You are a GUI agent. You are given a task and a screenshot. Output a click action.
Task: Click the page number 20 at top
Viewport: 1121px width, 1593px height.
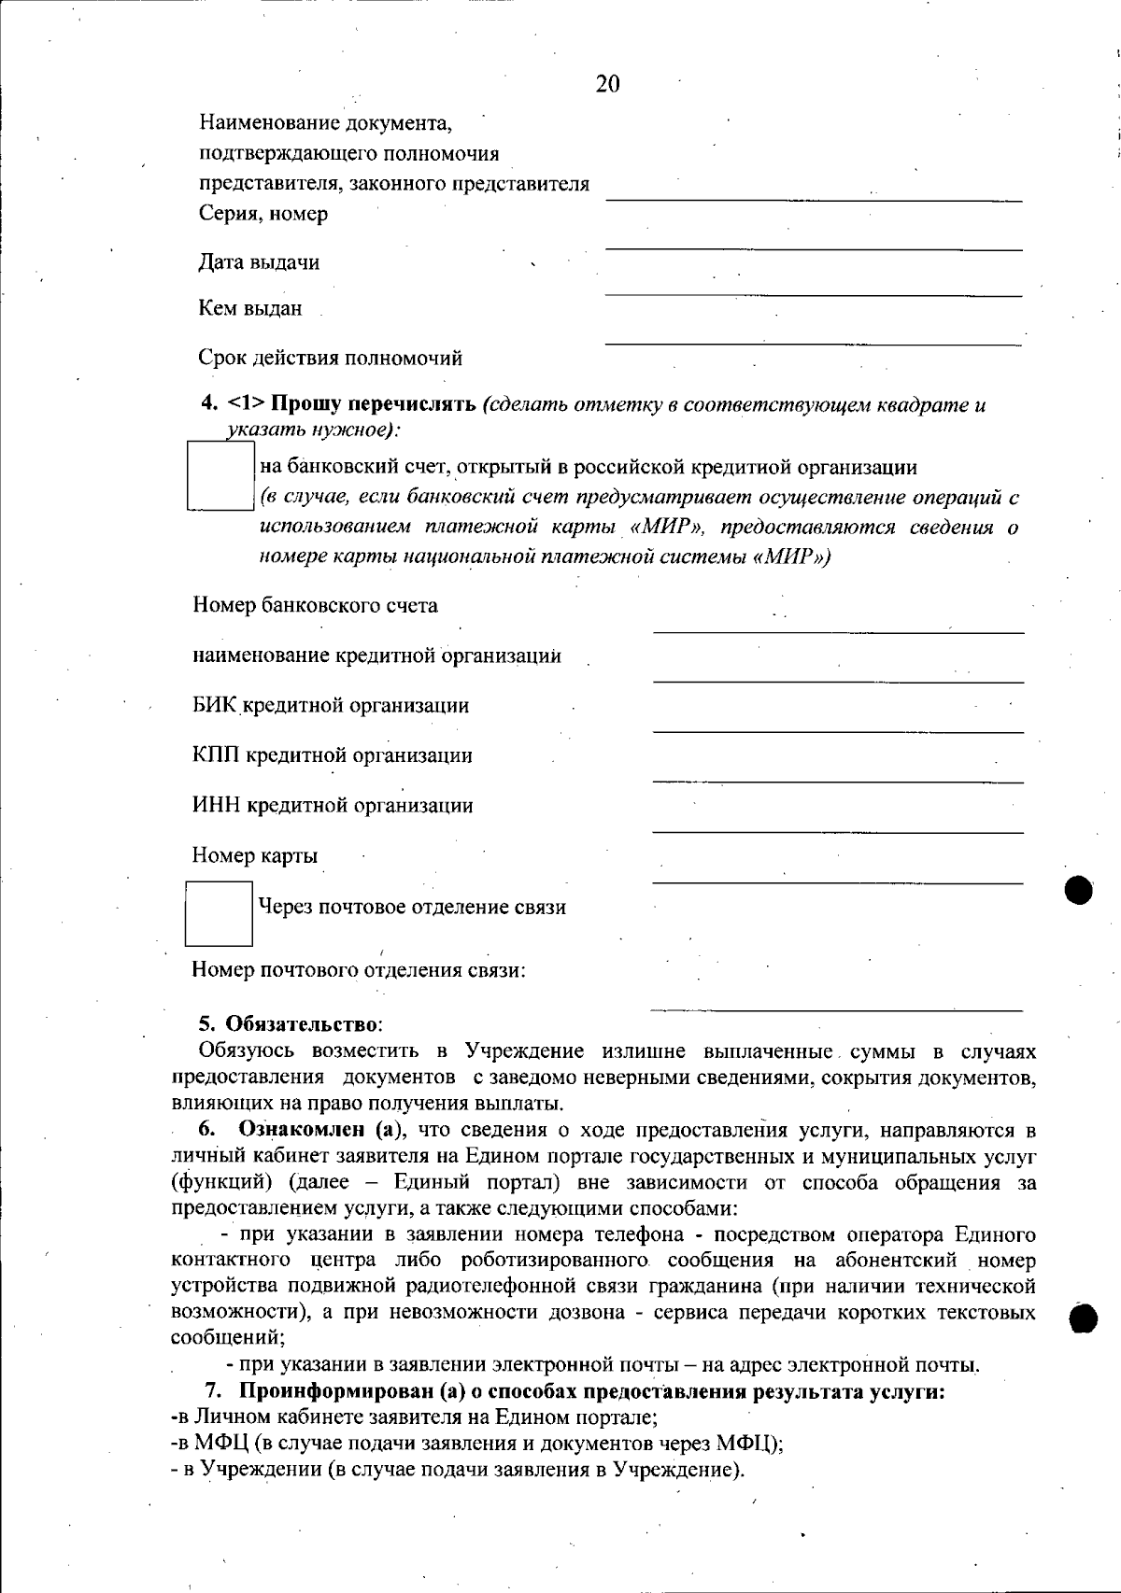coord(607,85)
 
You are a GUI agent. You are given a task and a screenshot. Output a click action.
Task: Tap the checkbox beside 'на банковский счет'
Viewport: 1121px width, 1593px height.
coord(220,476)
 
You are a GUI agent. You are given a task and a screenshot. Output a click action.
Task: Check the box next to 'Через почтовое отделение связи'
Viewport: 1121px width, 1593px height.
coord(219,912)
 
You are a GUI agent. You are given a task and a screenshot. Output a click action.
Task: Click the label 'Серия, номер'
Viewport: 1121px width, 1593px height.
coord(263,214)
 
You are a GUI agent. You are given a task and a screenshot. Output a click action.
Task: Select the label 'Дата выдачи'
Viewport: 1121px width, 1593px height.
coord(259,262)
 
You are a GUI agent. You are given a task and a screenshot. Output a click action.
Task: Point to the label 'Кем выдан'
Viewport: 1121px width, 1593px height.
coord(250,308)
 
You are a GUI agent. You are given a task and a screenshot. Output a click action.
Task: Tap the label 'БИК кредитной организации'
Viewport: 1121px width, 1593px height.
coord(331,705)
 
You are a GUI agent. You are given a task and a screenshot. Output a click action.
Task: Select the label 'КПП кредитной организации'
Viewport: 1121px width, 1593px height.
coord(333,755)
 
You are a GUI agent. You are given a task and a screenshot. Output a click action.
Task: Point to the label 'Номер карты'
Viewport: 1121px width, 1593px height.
coord(255,855)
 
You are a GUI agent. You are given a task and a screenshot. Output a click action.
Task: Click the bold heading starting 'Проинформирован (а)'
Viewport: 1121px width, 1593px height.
coord(593,1391)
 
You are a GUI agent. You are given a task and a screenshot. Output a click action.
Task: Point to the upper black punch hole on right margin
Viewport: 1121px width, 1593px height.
coord(1079,889)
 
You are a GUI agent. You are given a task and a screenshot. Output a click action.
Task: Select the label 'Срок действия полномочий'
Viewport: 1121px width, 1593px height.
coord(330,358)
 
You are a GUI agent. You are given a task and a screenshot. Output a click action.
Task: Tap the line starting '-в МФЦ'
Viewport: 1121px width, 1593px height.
coord(477,1443)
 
